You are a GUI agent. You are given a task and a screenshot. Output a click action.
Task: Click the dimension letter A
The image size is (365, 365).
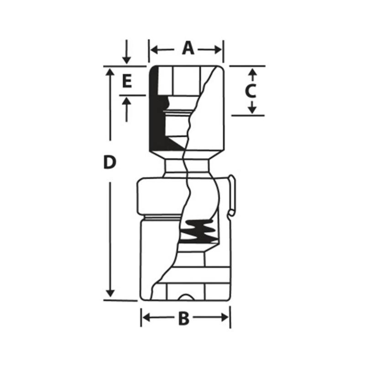point(188,48)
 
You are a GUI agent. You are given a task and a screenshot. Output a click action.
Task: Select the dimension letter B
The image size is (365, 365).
point(184,318)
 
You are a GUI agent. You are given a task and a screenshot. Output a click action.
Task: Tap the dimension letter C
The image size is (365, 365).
point(250,91)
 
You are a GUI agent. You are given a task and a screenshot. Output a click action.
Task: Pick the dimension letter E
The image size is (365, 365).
point(127,81)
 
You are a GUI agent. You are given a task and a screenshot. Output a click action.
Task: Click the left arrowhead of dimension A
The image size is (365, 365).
point(154,50)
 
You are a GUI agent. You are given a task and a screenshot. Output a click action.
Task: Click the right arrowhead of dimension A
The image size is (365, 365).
point(218,50)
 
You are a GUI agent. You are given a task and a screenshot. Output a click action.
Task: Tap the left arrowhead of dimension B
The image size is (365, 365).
point(146,317)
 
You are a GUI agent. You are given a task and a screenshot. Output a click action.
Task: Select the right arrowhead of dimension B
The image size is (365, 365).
point(225,317)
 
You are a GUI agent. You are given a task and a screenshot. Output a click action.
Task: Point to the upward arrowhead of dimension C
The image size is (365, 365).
point(252,72)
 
